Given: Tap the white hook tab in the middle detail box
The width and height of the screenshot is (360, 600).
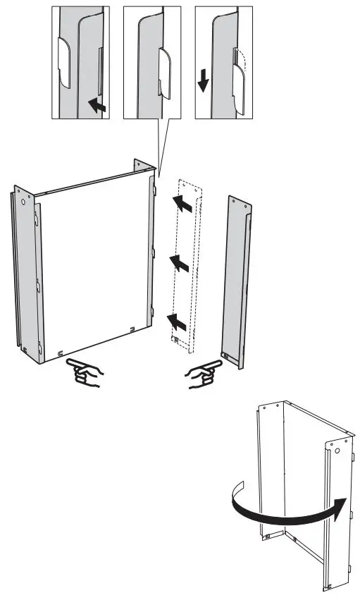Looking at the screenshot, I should (x=164, y=73).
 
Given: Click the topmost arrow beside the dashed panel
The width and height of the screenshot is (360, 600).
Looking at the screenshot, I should (x=181, y=205).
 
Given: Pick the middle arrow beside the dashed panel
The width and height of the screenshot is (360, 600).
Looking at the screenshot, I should (x=180, y=264).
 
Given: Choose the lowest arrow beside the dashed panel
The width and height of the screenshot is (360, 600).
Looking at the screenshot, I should (x=177, y=322).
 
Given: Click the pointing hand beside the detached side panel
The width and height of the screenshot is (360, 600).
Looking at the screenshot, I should (x=204, y=373).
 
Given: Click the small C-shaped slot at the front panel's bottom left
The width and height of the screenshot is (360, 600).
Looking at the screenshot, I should (x=61, y=353).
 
